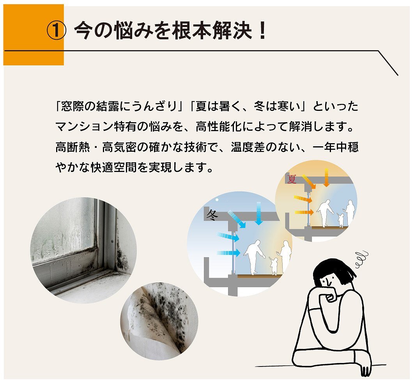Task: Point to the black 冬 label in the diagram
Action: pos(211,214)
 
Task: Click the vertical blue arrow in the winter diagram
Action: pos(258,214)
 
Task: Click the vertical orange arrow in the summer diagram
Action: pos(327,177)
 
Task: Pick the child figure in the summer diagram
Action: pos(341,219)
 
